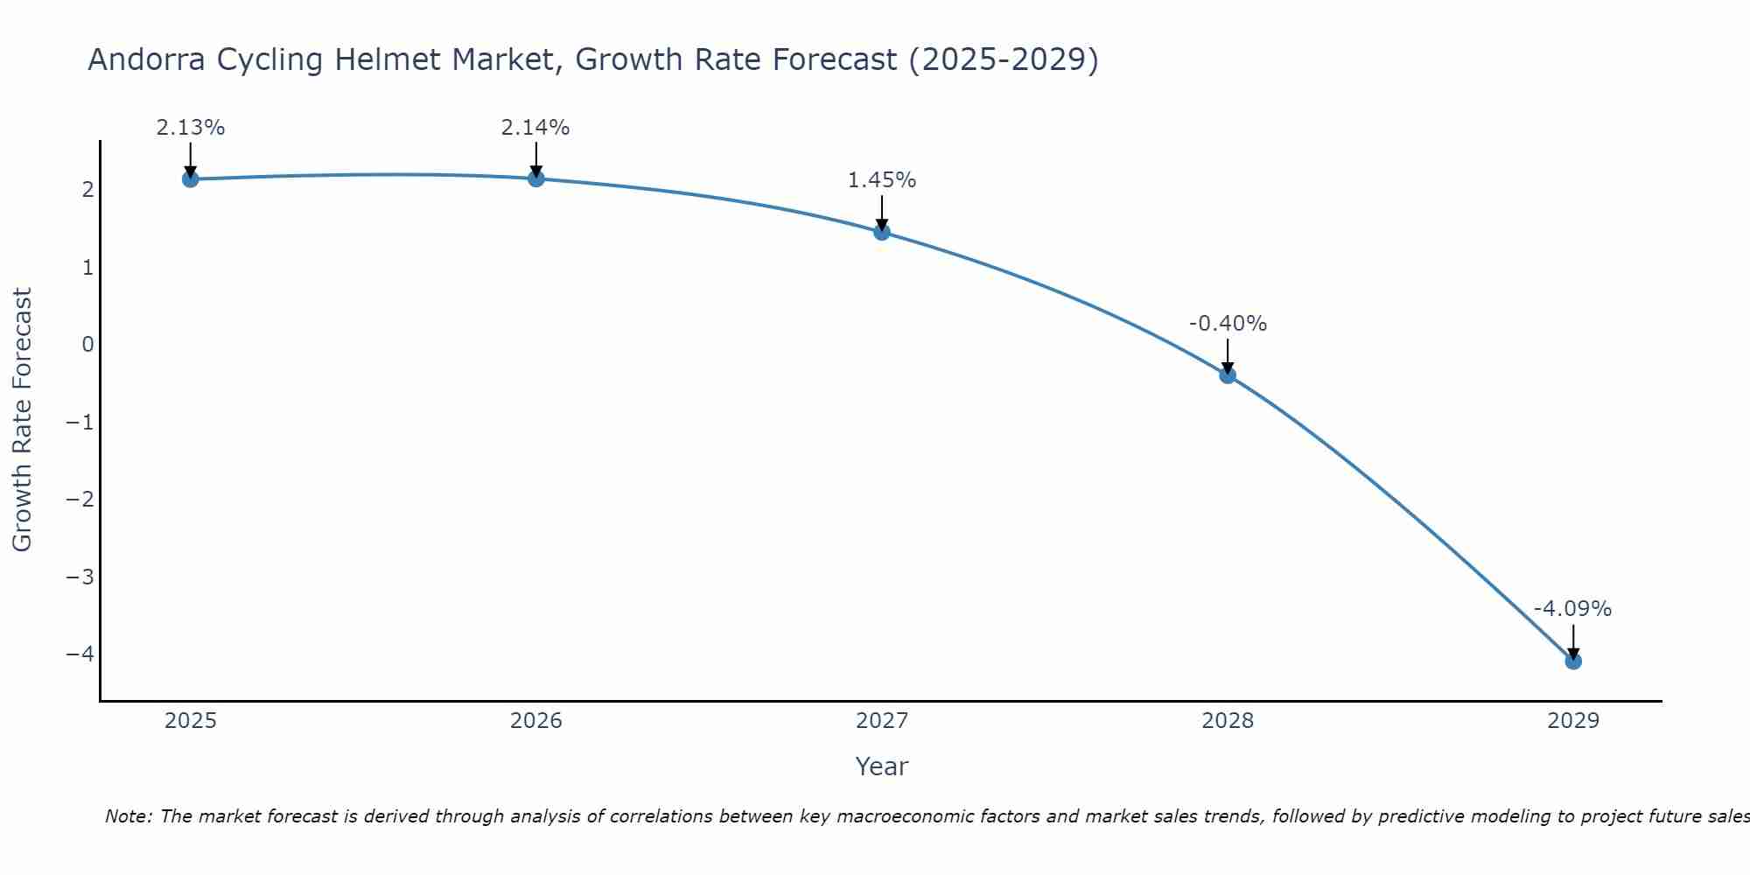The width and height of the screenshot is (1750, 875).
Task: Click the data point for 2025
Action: [190, 179]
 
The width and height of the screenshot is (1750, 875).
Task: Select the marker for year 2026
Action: [536, 178]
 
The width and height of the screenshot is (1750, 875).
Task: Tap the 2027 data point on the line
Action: [882, 232]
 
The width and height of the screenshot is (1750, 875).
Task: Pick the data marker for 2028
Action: [1228, 375]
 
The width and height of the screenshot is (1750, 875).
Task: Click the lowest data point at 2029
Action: [1573, 661]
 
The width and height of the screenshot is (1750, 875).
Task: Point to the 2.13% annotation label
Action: [190, 128]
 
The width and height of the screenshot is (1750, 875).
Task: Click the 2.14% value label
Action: [535, 128]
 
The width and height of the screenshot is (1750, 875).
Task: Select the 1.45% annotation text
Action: [882, 180]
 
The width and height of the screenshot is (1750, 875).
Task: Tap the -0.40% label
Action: [1228, 324]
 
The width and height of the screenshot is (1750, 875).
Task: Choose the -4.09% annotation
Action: [1572, 609]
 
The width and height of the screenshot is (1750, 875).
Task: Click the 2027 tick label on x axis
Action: [882, 721]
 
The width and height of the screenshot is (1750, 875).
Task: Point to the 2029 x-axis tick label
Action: [1573, 721]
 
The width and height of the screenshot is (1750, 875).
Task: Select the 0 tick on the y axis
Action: [87, 345]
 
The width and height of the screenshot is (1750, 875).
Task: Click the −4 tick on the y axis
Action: [80, 654]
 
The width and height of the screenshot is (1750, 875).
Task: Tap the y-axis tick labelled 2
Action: [87, 190]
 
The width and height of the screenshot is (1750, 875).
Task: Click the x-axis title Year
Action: [882, 766]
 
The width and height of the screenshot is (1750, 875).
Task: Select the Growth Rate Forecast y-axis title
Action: [22, 420]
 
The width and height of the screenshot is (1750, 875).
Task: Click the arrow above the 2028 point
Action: [1228, 355]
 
